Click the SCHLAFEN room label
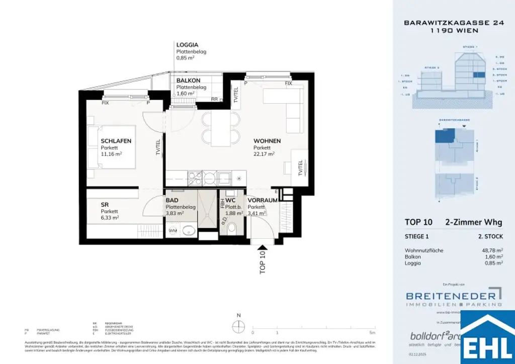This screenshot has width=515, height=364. tap(116, 141)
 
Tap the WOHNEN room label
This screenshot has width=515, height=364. tap(267, 141)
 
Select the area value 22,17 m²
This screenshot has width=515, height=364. tap(264, 154)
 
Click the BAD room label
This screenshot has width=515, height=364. tap(171, 200)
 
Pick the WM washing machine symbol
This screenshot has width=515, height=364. tap(172, 231)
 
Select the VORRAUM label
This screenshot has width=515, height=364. tap(263, 200)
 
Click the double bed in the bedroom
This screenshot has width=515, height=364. tap(112, 147)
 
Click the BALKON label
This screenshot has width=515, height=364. tap(188, 80)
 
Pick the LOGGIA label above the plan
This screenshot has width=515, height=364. tap(187, 45)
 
